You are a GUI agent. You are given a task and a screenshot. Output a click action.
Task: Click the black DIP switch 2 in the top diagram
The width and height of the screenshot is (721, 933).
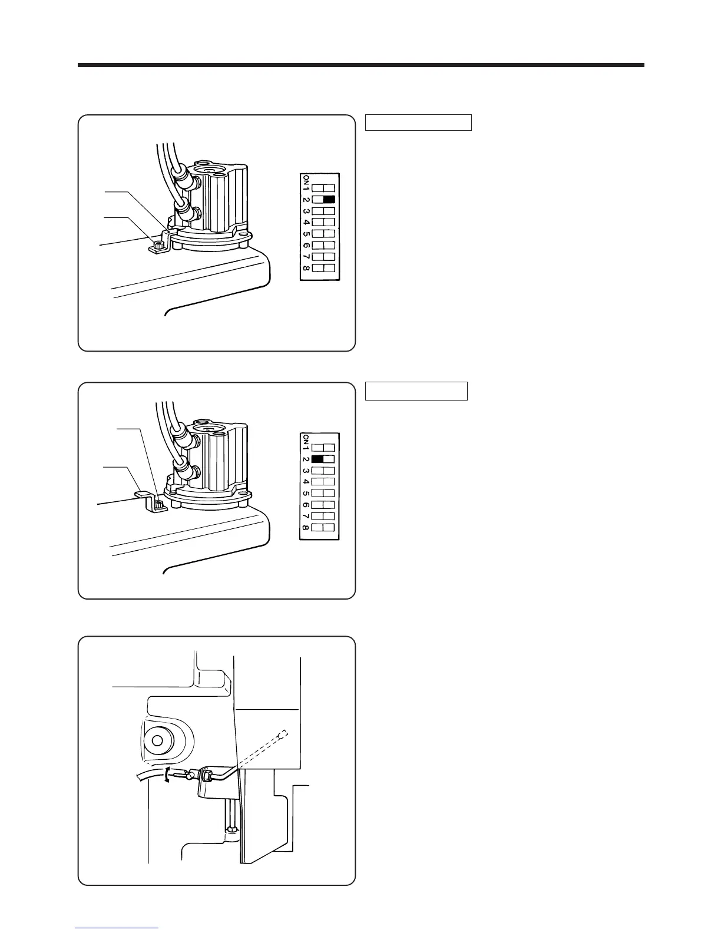(329, 199)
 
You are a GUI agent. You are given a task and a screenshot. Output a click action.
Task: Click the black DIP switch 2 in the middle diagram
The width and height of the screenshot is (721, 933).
(317, 459)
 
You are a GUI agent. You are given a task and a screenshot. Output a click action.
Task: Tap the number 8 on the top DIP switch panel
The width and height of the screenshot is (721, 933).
(306, 269)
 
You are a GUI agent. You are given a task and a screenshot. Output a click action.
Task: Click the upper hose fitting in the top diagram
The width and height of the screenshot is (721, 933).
(183, 175)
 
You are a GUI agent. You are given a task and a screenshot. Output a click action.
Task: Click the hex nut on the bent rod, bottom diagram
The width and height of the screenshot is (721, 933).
(206, 775)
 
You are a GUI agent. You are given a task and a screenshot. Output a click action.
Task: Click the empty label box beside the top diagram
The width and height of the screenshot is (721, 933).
(418, 123)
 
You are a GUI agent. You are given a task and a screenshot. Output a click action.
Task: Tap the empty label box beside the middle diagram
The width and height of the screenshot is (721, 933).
(416, 391)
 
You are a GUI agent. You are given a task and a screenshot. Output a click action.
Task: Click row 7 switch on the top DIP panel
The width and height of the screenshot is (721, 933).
(323, 257)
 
